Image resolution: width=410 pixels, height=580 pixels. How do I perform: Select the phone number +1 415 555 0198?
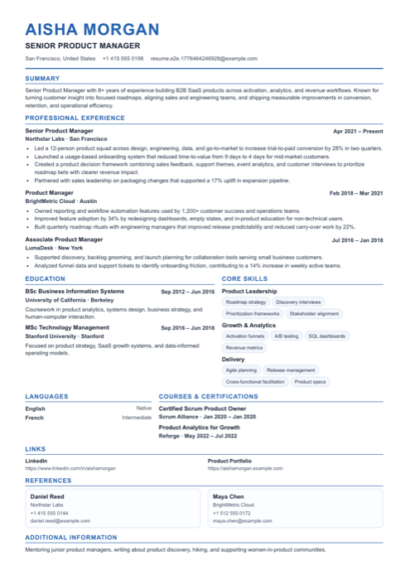pos(123,59)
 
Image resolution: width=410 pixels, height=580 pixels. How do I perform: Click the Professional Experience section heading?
pos(75,118)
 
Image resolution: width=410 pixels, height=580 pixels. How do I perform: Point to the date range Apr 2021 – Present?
pos(358,131)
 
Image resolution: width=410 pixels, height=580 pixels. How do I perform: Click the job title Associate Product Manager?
pos(64,239)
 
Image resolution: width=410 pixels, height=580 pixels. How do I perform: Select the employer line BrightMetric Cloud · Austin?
pos(61,201)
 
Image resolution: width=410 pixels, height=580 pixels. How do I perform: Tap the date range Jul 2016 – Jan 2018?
pos(357,240)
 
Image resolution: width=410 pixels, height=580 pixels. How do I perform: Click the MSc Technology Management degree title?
pos(67,327)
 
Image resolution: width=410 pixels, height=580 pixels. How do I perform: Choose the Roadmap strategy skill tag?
pos(246,302)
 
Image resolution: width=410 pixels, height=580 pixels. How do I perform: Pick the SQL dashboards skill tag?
pos(326,336)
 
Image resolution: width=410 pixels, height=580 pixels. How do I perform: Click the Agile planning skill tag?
pos(241,370)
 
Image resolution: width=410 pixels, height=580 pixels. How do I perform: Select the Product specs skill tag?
pos(310,382)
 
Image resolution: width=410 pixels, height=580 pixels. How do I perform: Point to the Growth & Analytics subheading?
pos(248,326)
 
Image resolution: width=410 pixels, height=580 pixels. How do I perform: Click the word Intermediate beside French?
pos(137,418)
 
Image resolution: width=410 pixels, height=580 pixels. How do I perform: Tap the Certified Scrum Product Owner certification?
pos(202,408)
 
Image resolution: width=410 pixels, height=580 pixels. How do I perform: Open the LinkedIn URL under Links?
pos(70,468)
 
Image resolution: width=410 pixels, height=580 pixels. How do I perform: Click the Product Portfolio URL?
pos(245,468)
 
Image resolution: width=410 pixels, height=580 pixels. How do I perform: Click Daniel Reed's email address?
pos(60,520)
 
